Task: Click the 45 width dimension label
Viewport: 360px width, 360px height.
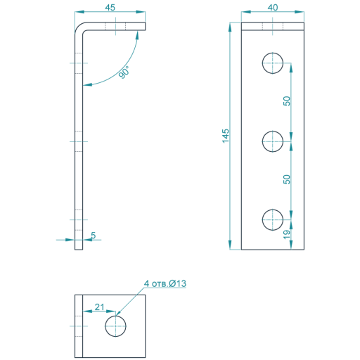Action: coord(110,8)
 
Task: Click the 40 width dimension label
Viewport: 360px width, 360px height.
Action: coord(273,8)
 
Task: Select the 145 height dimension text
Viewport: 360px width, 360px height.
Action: coord(226,136)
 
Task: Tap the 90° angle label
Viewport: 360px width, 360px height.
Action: coord(124,72)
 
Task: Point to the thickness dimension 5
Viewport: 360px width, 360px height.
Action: coord(94,235)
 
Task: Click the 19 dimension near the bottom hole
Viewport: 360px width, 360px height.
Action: coord(286,234)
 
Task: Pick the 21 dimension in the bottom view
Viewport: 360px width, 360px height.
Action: coord(99,307)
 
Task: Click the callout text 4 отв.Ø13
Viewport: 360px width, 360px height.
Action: coord(165,283)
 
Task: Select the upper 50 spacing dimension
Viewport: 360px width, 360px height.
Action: coord(286,101)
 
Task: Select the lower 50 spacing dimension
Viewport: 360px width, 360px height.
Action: coord(286,179)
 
